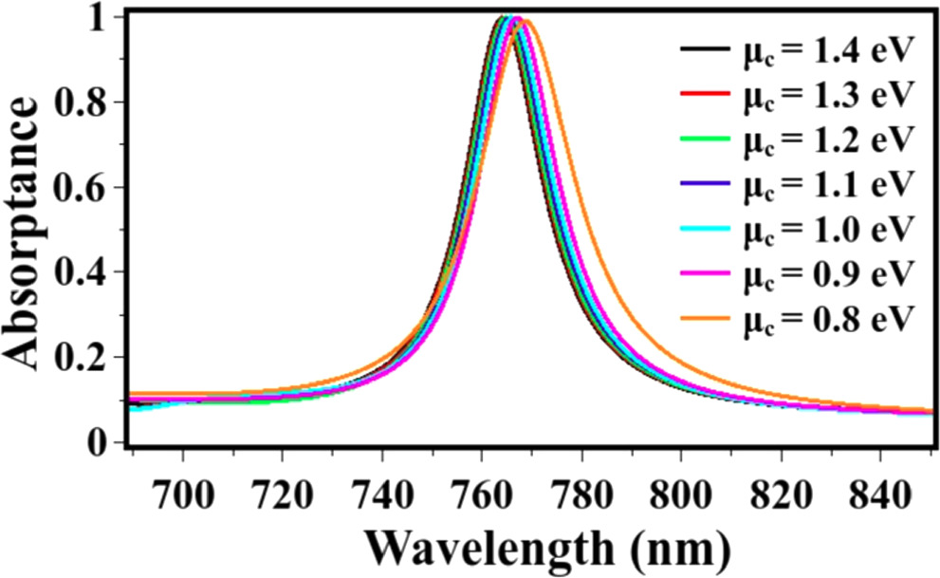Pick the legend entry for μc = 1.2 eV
tap(826, 139)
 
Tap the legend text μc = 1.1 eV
tap(826, 183)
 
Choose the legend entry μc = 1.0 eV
tap(826, 229)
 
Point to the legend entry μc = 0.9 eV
tap(826, 273)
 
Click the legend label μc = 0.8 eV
tap(826, 319)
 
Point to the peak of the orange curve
tap(525, 20)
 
